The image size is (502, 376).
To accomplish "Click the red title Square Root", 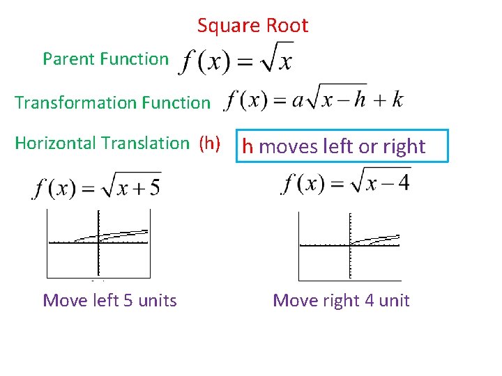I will tap(252, 26).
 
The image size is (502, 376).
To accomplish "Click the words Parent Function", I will tap(105, 59).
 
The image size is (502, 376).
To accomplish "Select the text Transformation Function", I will tap(112, 103).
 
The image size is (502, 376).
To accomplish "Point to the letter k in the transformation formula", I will tap(397, 100).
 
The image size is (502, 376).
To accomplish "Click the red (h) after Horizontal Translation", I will tap(210, 143).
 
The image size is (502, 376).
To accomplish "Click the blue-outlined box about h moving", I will tap(342, 146).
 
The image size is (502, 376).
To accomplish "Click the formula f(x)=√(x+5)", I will tap(97, 187).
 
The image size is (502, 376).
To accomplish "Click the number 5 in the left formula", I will tap(153, 187).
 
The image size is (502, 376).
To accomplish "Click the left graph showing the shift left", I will tap(98, 244).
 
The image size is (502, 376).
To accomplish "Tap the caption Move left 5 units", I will tap(109, 301).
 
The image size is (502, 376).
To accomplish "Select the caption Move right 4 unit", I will tap(341, 301).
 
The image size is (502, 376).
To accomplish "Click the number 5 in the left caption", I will tap(128, 301).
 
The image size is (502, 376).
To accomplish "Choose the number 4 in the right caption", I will tap(370, 301).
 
